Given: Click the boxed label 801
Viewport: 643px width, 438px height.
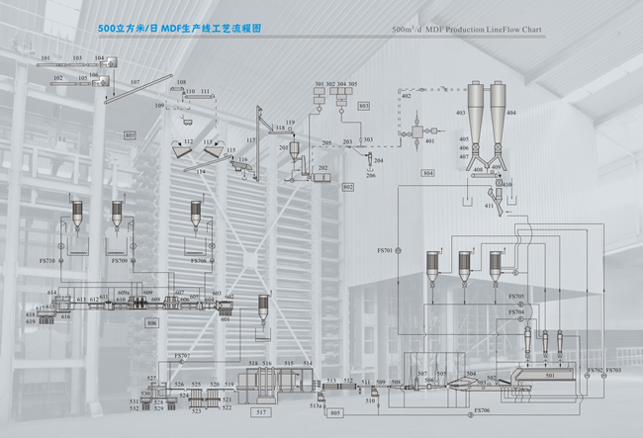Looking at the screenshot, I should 130,133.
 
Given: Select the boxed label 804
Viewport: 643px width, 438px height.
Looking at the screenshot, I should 427,173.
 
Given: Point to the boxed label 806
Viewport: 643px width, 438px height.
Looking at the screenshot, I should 151,323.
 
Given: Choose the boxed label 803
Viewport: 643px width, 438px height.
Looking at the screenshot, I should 363,105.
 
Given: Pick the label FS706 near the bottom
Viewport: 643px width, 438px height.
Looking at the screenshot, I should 482,410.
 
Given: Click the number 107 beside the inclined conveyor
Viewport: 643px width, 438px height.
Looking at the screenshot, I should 135,81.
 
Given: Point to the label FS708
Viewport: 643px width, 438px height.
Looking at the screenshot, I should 199,261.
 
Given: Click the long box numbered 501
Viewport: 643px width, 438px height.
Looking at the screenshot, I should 551,376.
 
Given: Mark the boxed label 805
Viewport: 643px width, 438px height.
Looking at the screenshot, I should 335,412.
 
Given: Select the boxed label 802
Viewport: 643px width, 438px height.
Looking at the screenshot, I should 348,186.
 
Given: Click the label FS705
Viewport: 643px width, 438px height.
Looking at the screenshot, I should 516,297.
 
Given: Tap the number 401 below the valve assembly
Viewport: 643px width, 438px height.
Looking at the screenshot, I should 429,142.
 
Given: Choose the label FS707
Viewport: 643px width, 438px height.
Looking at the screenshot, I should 181,355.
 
